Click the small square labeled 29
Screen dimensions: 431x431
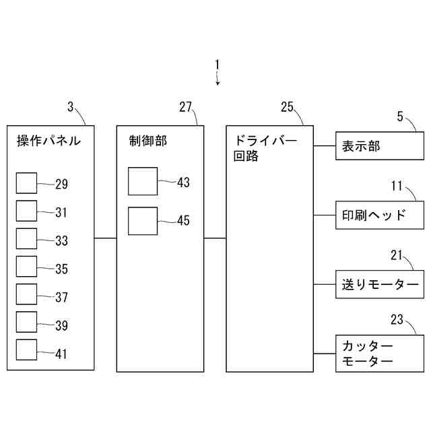tap(26, 183)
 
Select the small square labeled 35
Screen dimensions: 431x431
tap(26, 267)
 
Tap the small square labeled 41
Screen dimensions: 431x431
tap(26, 351)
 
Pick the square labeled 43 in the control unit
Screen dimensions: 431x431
tap(142, 180)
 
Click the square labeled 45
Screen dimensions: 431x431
tap(142, 220)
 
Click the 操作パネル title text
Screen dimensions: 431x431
tap(48, 141)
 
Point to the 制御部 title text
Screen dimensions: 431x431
tap(148, 141)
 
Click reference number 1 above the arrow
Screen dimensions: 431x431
tap(217, 65)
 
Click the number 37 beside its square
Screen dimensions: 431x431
tap(61, 297)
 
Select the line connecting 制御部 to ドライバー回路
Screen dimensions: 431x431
tap(214, 238)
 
